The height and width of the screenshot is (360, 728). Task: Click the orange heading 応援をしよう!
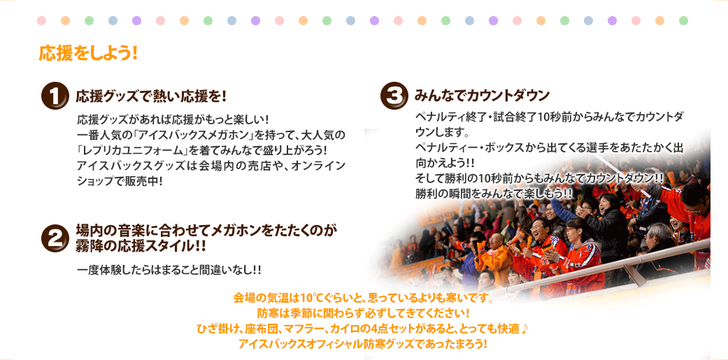tap(87, 53)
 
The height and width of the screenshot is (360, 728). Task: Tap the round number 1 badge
tap(55, 97)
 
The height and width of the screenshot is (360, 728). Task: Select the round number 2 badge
tap(55, 238)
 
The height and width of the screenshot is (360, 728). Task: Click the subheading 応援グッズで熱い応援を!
tap(151, 96)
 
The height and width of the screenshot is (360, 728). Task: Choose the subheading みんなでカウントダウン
tap(482, 96)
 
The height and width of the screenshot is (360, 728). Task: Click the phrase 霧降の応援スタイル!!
tap(141, 245)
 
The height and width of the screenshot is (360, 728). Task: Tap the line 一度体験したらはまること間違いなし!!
tap(169, 270)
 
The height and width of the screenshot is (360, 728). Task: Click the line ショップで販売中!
tap(120, 181)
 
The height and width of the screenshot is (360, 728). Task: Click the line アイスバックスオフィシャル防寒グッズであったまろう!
tap(363, 345)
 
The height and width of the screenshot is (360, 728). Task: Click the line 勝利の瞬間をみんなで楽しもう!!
tap(494, 192)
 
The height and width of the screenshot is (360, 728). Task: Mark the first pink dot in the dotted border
tap(42, 20)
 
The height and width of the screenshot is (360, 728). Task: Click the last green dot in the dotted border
tap(683, 20)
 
